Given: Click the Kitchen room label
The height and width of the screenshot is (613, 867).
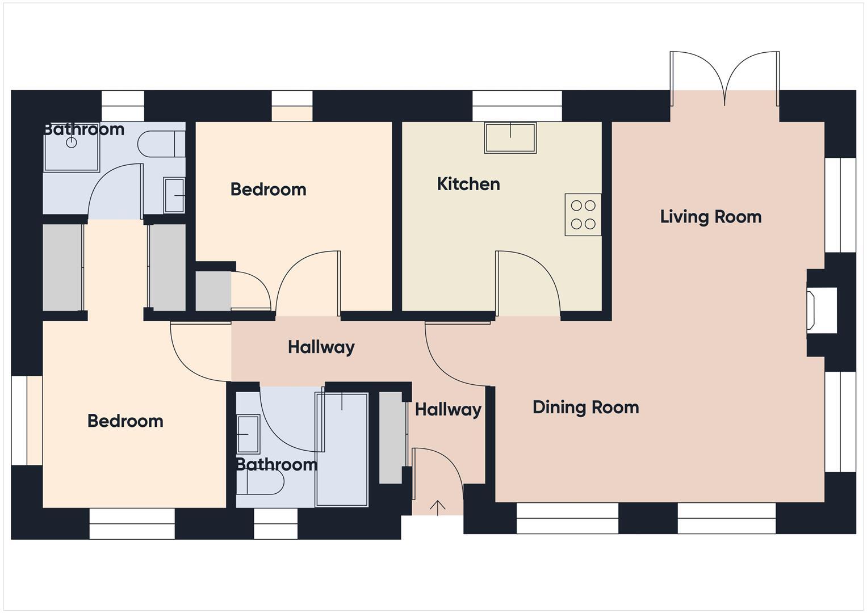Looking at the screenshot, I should (468, 184).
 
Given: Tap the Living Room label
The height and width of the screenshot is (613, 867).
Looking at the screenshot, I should (710, 217).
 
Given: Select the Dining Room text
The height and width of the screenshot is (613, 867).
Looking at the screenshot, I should (585, 407).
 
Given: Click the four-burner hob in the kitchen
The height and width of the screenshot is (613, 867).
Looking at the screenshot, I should (583, 215).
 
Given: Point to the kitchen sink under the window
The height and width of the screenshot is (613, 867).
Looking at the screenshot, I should (510, 137).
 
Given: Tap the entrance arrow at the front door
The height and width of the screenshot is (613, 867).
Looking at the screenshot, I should (437, 507).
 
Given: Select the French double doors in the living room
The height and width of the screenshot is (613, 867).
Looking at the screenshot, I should (724, 79).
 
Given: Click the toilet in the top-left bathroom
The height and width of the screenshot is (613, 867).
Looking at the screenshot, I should (161, 144).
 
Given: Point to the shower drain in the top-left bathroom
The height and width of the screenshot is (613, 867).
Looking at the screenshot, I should (72, 142).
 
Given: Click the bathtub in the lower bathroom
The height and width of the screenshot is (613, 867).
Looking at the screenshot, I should (342, 448).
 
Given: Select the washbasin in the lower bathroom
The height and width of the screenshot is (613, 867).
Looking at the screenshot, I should (248, 434).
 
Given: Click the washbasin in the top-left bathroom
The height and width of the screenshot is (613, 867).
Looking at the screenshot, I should (174, 195).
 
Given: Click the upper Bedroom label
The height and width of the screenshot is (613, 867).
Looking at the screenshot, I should (268, 190).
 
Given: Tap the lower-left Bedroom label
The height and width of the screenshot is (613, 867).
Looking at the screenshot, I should (125, 421).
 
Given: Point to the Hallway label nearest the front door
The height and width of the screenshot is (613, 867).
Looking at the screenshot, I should (447, 409).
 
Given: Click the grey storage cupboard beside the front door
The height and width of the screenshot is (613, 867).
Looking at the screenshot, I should (391, 437).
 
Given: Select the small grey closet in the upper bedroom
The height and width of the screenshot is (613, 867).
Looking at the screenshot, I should (213, 291).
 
